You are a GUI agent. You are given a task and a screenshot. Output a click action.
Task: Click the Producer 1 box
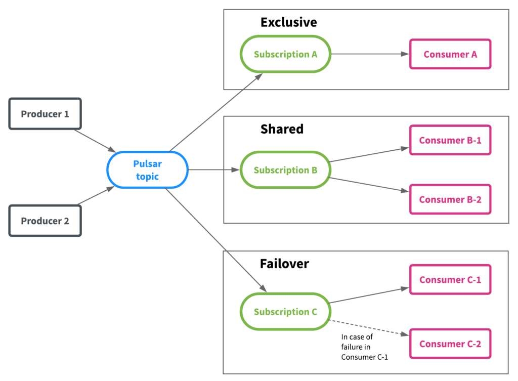(x=45, y=113)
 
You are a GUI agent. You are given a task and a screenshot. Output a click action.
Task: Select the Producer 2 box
(x=45, y=221)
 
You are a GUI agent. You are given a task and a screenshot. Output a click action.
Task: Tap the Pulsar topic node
(x=147, y=170)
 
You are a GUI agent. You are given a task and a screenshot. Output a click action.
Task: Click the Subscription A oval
(x=285, y=54)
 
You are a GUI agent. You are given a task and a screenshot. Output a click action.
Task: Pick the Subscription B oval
(x=285, y=170)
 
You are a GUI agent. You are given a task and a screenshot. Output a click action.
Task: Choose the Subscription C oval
(x=285, y=312)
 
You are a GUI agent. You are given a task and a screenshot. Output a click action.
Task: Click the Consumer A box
(x=450, y=54)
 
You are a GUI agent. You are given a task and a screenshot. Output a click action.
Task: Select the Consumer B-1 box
(x=450, y=140)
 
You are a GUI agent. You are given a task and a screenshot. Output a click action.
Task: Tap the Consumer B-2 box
(x=450, y=199)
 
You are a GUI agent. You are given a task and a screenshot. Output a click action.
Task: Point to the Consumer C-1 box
(x=450, y=280)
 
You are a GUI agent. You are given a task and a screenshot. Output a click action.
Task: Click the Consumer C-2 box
(x=450, y=344)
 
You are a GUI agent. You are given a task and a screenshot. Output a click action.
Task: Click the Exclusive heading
(x=288, y=22)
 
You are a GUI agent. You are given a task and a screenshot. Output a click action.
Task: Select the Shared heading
(x=282, y=129)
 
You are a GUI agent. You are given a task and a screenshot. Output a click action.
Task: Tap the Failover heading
(x=284, y=264)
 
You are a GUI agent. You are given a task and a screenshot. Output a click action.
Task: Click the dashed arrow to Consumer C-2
(x=369, y=327)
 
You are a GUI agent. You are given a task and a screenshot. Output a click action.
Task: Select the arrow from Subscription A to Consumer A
(x=369, y=54)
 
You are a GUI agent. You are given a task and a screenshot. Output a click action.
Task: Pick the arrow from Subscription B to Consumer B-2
(x=369, y=185)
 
